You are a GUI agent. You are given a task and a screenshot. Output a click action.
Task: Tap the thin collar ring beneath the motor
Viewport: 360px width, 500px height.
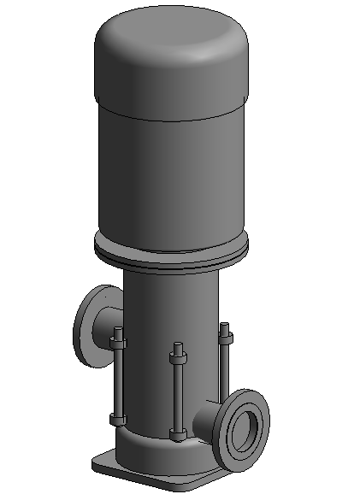point(171,255)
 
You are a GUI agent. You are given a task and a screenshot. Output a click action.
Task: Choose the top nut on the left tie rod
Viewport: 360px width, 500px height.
point(118,343)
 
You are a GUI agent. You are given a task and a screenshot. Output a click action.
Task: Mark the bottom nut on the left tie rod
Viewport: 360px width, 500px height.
point(117,418)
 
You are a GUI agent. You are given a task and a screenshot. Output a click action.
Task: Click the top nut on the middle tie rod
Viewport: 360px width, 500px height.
point(178,352)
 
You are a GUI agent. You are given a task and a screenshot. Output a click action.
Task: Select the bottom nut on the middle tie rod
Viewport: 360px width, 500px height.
point(177,435)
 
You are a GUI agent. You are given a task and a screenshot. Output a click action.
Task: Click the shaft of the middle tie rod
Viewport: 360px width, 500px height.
point(177,393)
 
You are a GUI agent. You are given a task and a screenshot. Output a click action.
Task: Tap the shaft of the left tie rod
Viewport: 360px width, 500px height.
point(118,380)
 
